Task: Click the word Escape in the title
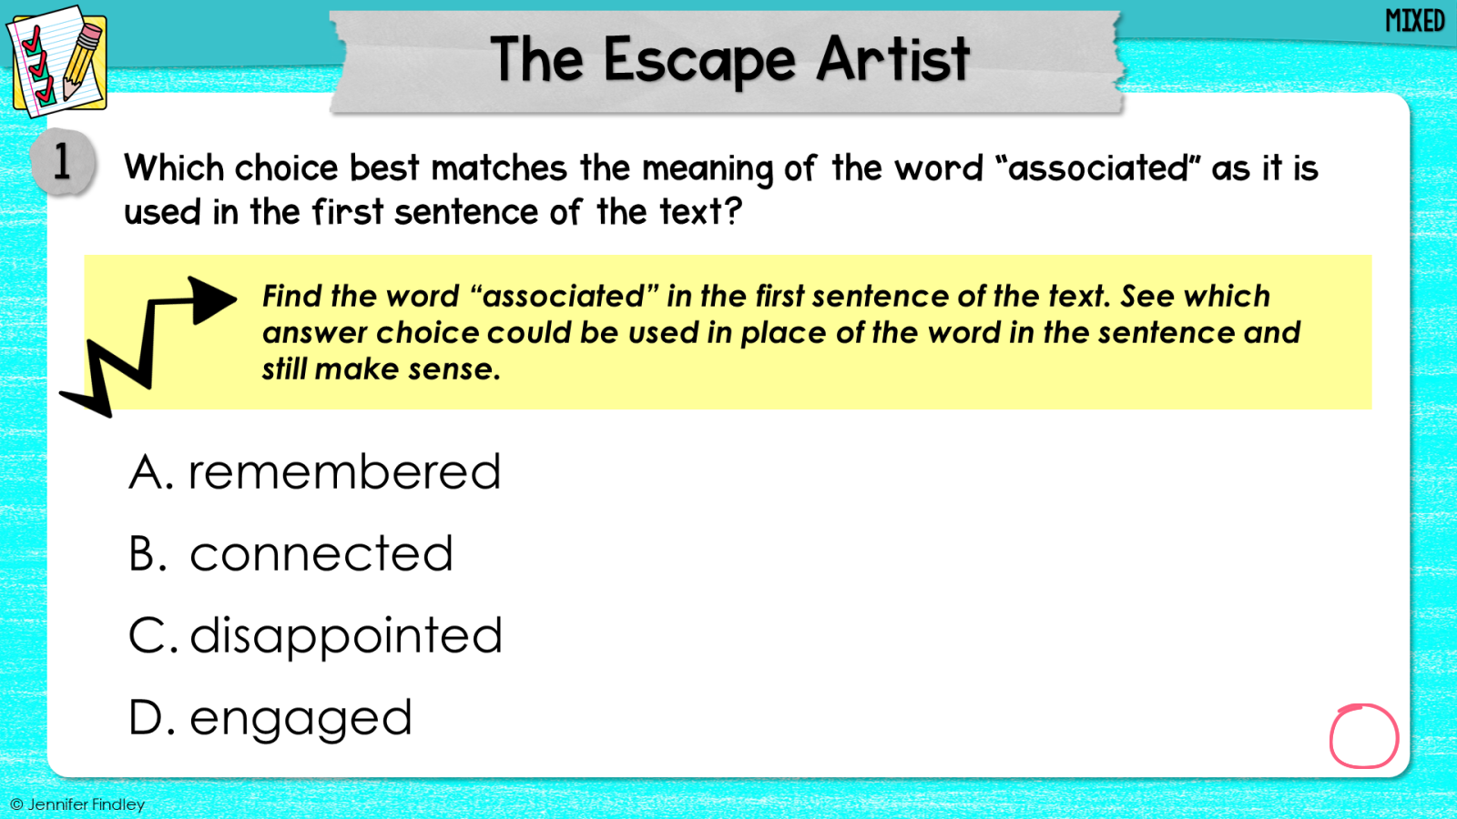(x=699, y=60)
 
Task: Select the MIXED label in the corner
(x=1415, y=21)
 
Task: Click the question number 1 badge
(x=63, y=162)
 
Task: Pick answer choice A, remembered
(x=315, y=471)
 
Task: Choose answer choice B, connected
(x=290, y=553)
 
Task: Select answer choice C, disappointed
(x=315, y=636)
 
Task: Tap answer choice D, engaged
(x=270, y=718)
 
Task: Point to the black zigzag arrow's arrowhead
(x=211, y=299)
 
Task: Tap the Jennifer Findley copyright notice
(x=77, y=804)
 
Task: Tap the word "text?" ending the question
(x=701, y=211)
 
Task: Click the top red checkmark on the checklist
(x=31, y=40)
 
